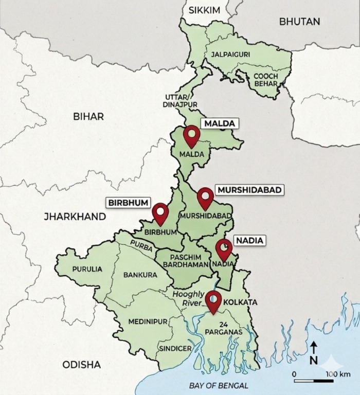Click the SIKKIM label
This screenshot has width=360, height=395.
click(x=204, y=10)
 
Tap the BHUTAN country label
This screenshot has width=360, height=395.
click(x=299, y=22)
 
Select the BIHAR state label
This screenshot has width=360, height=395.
click(x=88, y=116)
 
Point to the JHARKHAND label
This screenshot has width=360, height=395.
click(x=75, y=217)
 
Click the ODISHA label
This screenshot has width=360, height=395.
click(x=81, y=365)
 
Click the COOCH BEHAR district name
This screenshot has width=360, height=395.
click(x=265, y=80)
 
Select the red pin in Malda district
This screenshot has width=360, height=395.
click(x=192, y=135)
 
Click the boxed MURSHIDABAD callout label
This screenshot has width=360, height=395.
click(x=249, y=190)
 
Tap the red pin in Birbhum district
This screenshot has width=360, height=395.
click(x=160, y=213)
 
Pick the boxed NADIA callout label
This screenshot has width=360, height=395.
click(x=249, y=240)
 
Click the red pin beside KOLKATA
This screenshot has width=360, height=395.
click(x=213, y=300)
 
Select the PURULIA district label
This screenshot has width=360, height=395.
click(x=87, y=269)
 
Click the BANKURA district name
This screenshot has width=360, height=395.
click(x=140, y=275)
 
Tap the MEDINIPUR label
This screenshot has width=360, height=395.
click(x=148, y=321)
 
